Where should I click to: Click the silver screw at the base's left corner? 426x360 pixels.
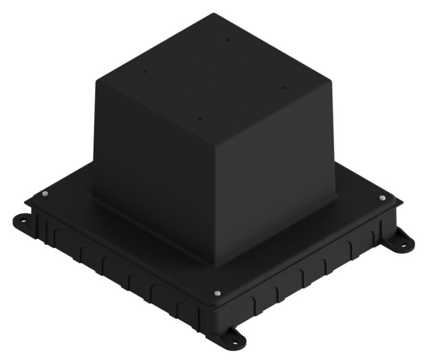point(45,194)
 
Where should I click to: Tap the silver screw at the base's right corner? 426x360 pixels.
point(383,198)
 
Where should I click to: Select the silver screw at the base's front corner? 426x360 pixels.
point(218,293)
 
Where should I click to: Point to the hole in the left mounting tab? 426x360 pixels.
point(23,221)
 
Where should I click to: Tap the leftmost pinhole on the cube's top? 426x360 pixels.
point(144,71)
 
